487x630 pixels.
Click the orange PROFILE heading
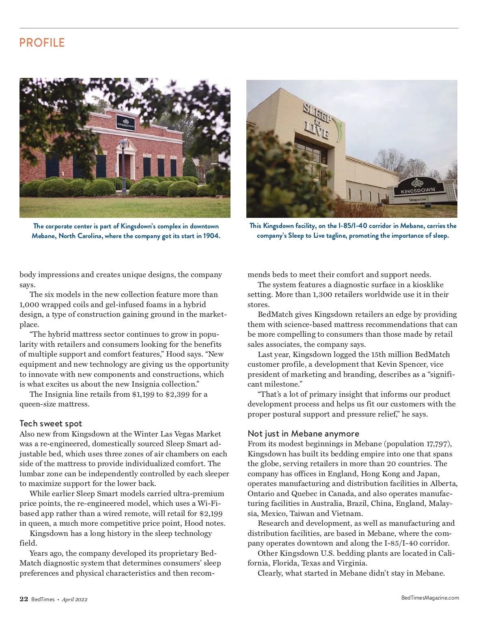tap(42, 43)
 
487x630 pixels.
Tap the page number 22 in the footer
tap(24, 599)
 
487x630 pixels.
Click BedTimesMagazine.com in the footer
tap(430, 598)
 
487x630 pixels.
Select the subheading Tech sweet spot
tap(51, 424)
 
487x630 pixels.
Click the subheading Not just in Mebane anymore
tap(303, 433)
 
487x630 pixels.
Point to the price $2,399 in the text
tap(177, 394)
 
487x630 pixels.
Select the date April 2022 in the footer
tap(75, 600)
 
